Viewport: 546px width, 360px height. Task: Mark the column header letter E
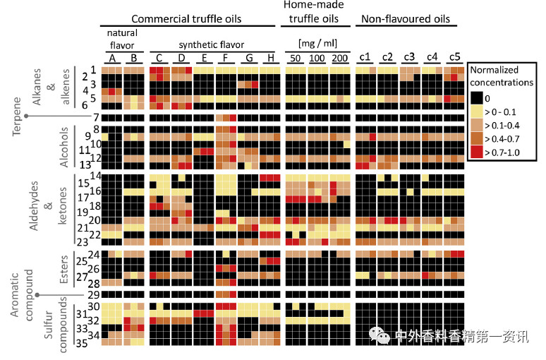(x=204, y=57)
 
